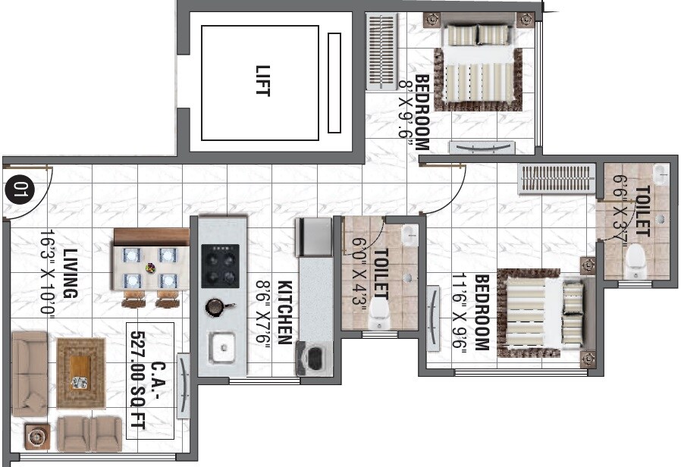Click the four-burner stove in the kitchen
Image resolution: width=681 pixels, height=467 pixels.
coord(220,265)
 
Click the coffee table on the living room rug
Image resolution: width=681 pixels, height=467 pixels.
coord(80,372)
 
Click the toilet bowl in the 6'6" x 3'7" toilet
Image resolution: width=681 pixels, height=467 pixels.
coord(635,262)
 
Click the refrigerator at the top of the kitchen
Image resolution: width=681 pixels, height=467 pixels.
coord(314,236)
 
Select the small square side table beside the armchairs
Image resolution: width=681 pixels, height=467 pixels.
coord(37,436)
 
